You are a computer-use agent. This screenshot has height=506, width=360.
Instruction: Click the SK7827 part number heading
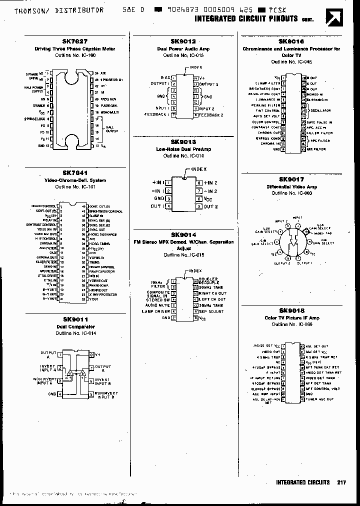click(74, 42)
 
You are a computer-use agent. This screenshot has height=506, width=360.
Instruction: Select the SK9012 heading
click(183, 42)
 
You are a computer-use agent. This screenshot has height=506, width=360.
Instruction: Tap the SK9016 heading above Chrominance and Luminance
click(291, 42)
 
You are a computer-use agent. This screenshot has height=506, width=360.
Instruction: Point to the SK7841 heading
click(74, 173)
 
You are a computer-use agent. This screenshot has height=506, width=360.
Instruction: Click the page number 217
click(341, 482)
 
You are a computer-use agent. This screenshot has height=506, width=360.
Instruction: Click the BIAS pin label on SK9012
click(165, 77)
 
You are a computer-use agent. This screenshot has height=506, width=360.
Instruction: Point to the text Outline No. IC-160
click(74, 55)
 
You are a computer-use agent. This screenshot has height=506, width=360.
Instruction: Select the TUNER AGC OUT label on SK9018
click(319, 399)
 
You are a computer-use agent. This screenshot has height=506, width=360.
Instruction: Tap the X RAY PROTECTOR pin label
click(101, 294)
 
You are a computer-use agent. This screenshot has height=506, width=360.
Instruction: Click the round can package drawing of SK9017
click(291, 239)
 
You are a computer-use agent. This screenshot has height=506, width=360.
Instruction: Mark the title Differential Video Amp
click(291, 186)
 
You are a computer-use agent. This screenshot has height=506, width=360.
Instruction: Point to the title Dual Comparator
click(75, 326)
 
